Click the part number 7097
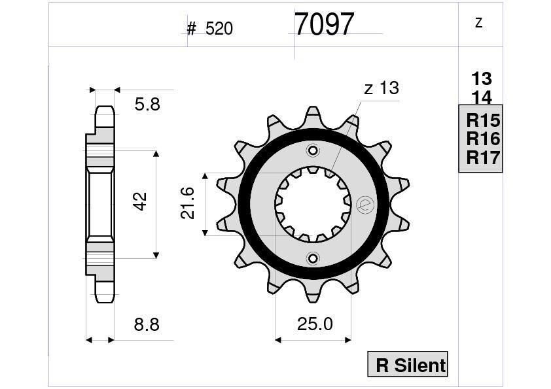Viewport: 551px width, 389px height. [x=324, y=25]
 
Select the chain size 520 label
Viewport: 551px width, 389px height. [x=219, y=29]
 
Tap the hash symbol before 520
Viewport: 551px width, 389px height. [x=192, y=29]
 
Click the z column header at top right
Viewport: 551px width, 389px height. [x=479, y=23]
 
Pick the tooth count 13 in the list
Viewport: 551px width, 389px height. [x=481, y=79]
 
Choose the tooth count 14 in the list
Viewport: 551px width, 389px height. [x=481, y=97]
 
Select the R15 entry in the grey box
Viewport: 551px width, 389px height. [x=482, y=120]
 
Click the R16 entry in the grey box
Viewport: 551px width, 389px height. [x=482, y=139]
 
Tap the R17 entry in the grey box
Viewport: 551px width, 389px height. [x=482, y=158]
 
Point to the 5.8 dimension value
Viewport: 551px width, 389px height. [x=147, y=105]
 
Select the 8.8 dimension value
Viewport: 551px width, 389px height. [x=146, y=325]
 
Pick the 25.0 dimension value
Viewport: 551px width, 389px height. [x=316, y=324]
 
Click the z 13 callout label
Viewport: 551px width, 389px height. [x=381, y=88]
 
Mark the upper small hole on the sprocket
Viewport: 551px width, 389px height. [x=313, y=152]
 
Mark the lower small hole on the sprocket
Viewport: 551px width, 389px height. [x=313, y=257]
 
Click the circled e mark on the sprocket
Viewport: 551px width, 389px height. [x=364, y=205]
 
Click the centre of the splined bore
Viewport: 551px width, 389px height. [x=313, y=204]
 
